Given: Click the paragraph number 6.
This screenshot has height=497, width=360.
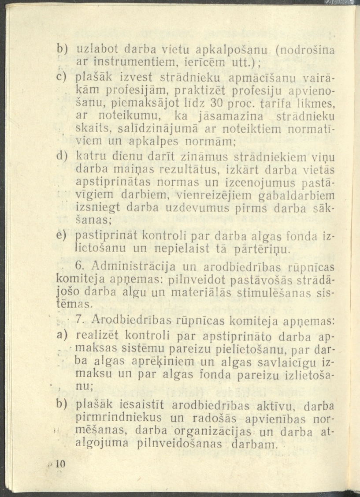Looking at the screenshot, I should point(79,266).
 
